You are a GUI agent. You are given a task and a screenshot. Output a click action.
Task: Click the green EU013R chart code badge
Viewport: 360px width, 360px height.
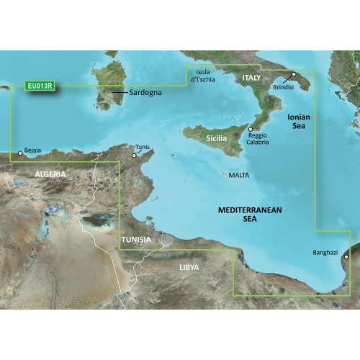(x=40, y=86)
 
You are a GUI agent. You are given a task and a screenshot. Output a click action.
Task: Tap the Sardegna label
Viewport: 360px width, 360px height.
(x=146, y=93)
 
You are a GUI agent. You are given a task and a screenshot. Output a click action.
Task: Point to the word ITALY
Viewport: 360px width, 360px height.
(x=251, y=77)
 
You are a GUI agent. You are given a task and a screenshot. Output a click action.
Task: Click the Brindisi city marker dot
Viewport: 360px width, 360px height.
(x=293, y=75)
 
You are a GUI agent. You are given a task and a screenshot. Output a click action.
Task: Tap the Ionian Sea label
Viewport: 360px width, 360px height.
(x=298, y=120)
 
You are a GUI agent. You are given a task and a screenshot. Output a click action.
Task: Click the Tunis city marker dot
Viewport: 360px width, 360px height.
(x=134, y=154)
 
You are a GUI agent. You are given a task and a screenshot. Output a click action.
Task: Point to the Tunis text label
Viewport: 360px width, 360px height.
(x=143, y=147)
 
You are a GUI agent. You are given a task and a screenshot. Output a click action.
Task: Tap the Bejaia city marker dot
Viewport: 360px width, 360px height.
(x=19, y=153)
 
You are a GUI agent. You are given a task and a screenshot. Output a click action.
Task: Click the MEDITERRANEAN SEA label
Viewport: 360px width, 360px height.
(x=250, y=215)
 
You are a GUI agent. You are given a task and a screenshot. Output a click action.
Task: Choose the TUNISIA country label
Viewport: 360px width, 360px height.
(x=136, y=239)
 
